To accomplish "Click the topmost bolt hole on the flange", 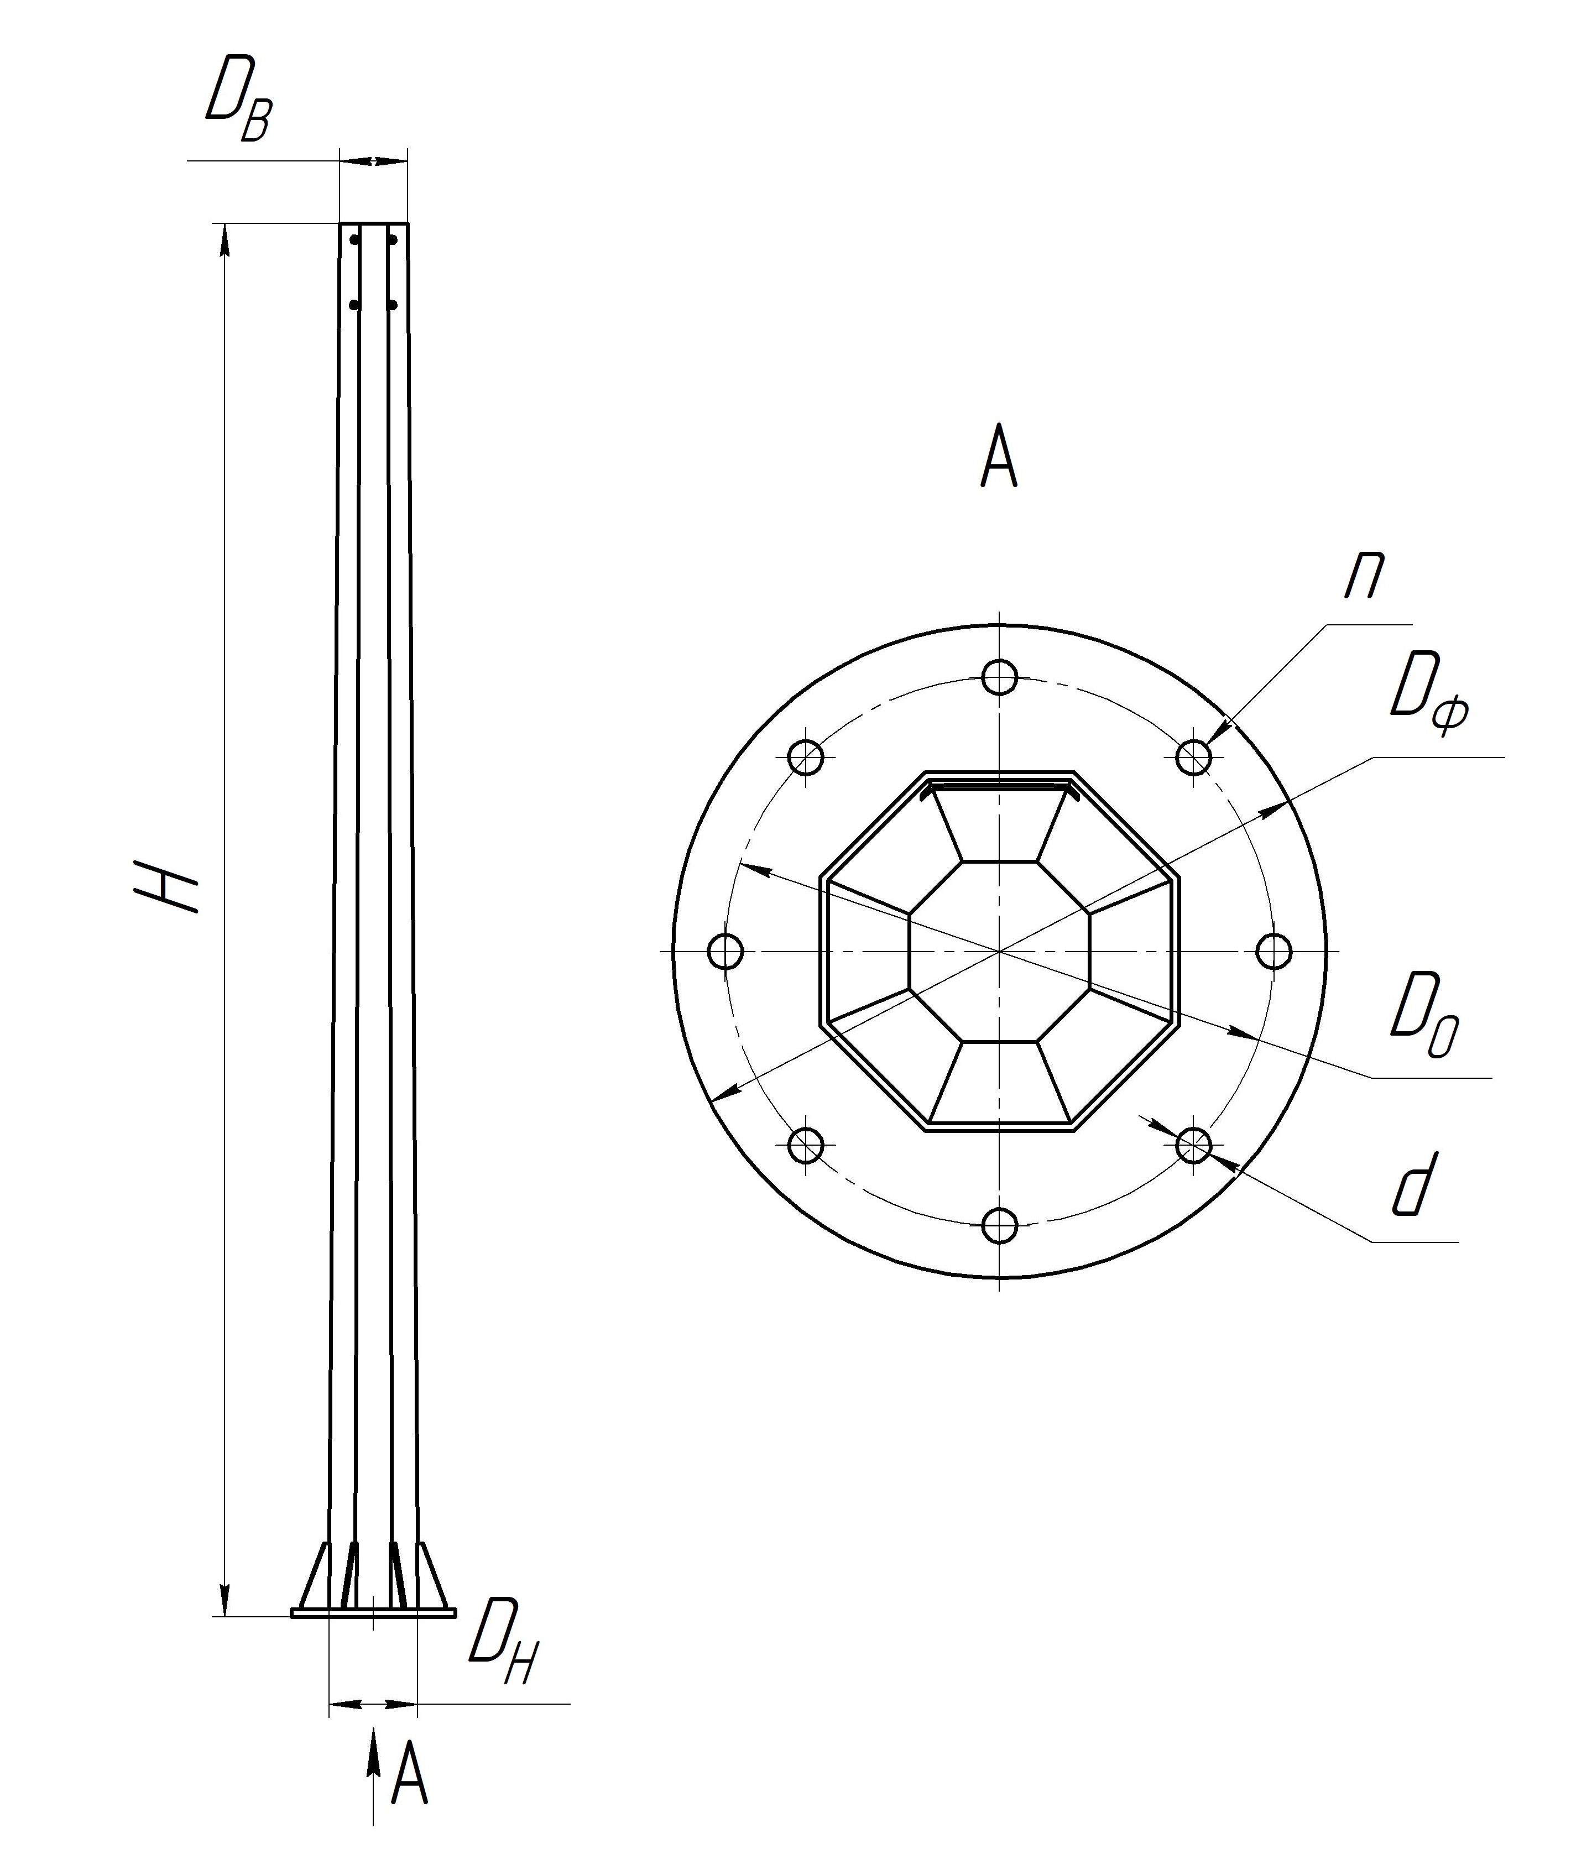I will [x=999, y=677].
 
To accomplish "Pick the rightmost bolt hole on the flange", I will [x=1273, y=951].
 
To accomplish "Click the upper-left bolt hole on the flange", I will [x=806, y=757].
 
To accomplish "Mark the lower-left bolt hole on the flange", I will [x=806, y=1145].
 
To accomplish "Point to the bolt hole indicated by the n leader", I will [x=1193, y=757].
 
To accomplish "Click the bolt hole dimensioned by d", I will [x=1193, y=1145].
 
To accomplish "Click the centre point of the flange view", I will [x=999, y=951].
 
